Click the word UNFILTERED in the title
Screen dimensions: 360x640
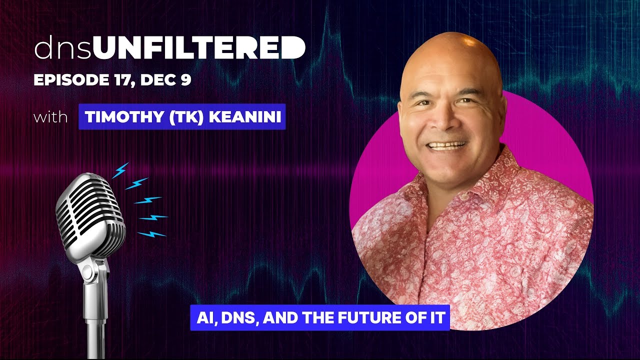click(x=199, y=49)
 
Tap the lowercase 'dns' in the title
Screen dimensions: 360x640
click(x=63, y=49)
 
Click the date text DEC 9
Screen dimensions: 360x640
click(x=166, y=80)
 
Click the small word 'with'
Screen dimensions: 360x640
click(x=50, y=118)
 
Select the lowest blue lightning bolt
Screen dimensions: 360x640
click(x=151, y=233)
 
